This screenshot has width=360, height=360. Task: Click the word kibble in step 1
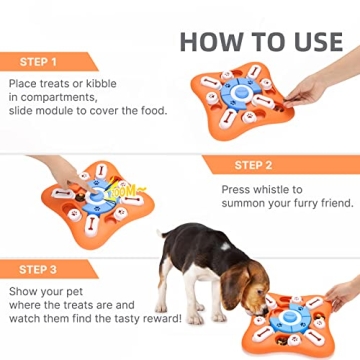pos(108,87)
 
